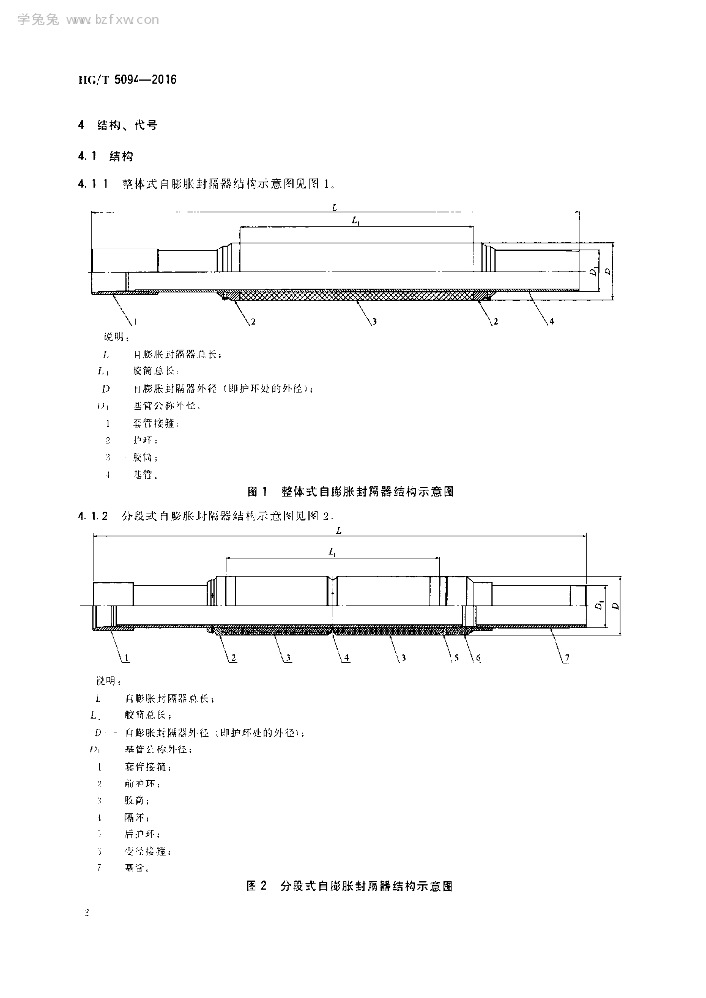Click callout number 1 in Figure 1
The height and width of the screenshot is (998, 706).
[135, 321]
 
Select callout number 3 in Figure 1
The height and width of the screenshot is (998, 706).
[375, 321]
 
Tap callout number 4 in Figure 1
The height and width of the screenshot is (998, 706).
[552, 321]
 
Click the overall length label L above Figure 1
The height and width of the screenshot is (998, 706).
[334, 207]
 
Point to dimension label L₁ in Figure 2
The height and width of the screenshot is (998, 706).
[333, 553]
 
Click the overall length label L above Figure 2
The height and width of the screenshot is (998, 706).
[338, 531]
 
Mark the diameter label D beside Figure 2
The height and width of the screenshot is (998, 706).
[615, 606]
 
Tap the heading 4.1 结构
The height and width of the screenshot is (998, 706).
[104, 155]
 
